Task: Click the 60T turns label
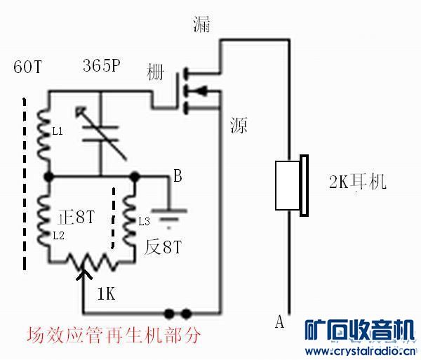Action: point(27,66)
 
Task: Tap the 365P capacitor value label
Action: point(102,65)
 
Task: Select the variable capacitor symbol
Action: point(100,133)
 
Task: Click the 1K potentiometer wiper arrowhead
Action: point(84,274)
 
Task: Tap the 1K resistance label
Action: point(107,293)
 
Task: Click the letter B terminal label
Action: point(178,176)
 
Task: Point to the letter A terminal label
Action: point(279,321)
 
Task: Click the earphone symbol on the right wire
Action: point(292,185)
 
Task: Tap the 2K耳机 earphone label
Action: point(358,182)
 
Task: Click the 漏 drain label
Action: point(201,25)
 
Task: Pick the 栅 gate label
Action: point(155,72)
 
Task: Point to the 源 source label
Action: point(239,126)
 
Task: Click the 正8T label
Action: point(76,217)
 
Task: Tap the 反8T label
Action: point(163,247)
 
